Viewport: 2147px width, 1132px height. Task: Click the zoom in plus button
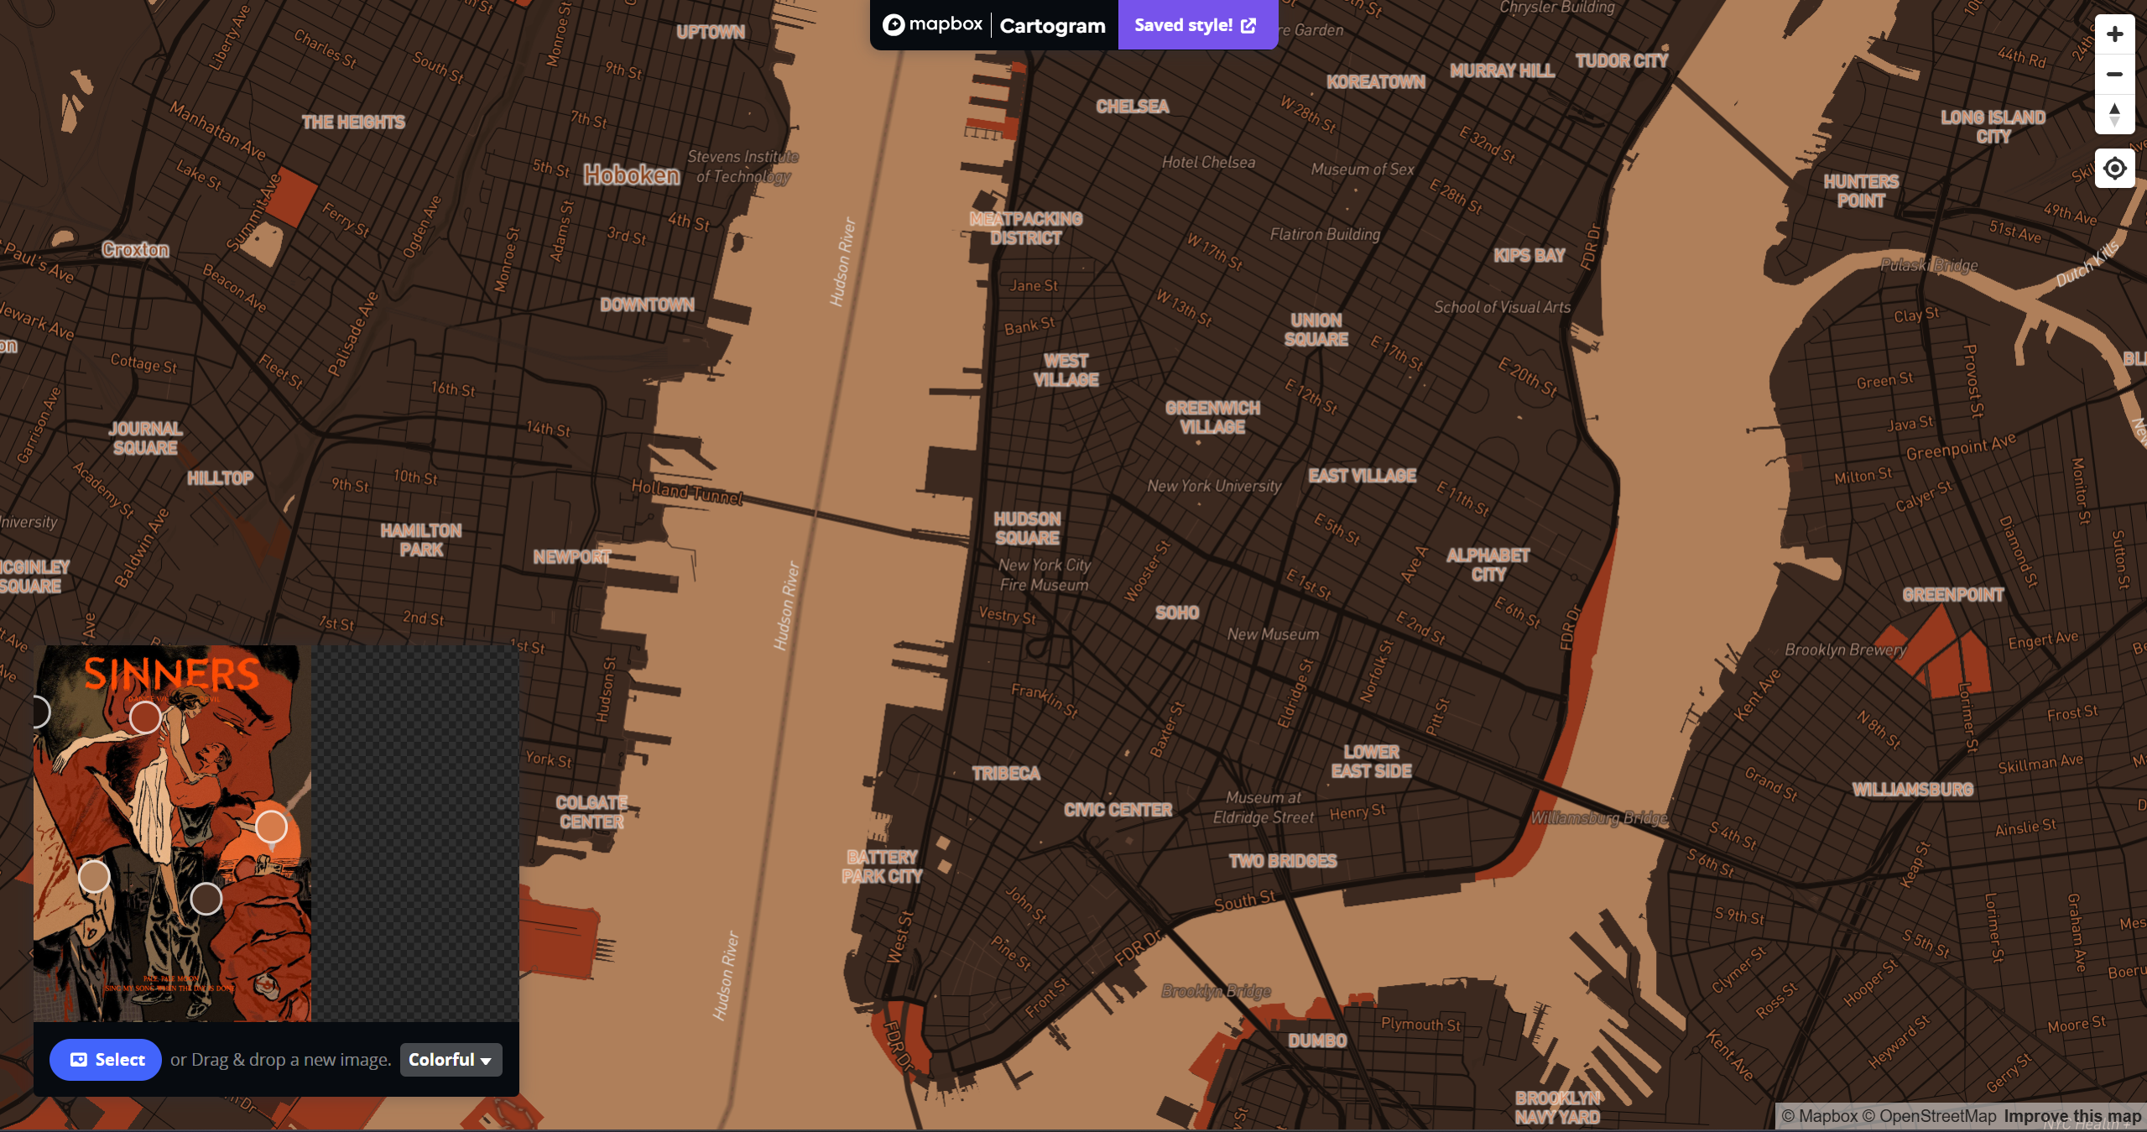[2114, 34]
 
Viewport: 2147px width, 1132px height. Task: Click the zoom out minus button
[2114, 74]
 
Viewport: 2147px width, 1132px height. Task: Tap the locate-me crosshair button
[2114, 169]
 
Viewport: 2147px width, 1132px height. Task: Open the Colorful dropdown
[451, 1060]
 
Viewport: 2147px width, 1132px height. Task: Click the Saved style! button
[1196, 25]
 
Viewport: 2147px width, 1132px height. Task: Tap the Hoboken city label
[632, 175]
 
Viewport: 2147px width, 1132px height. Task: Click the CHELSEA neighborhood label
[1132, 107]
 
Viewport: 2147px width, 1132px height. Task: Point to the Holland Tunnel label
[687, 493]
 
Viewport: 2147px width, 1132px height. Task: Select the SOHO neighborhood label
[1177, 613]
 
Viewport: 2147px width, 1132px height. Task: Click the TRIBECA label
[1006, 773]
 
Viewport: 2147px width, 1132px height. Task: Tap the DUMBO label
[1317, 1041]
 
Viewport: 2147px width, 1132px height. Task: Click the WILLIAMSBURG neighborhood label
[1912, 790]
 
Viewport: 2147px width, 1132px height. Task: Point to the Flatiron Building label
[1325, 234]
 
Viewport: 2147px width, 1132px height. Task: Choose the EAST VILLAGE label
[1362, 476]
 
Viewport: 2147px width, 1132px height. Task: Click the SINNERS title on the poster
[172, 675]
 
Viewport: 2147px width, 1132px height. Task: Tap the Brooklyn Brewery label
[1845, 649]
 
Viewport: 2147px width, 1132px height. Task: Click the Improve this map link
[2072, 1116]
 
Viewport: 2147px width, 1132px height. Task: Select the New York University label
[1214, 486]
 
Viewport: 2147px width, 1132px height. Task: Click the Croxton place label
[135, 250]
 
